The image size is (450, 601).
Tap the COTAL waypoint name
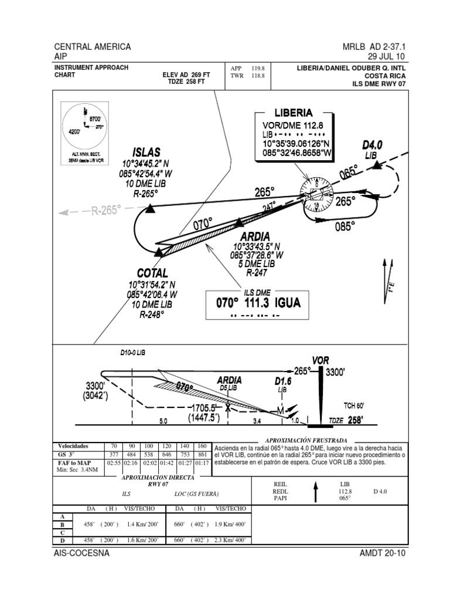[x=152, y=273]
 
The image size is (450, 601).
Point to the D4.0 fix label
[x=371, y=144]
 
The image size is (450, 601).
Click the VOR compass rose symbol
[x=316, y=195]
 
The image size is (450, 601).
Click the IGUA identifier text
[x=285, y=303]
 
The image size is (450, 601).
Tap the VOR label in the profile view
[x=321, y=360]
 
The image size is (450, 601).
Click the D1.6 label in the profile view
[x=283, y=381]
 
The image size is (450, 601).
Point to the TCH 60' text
[x=354, y=406]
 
